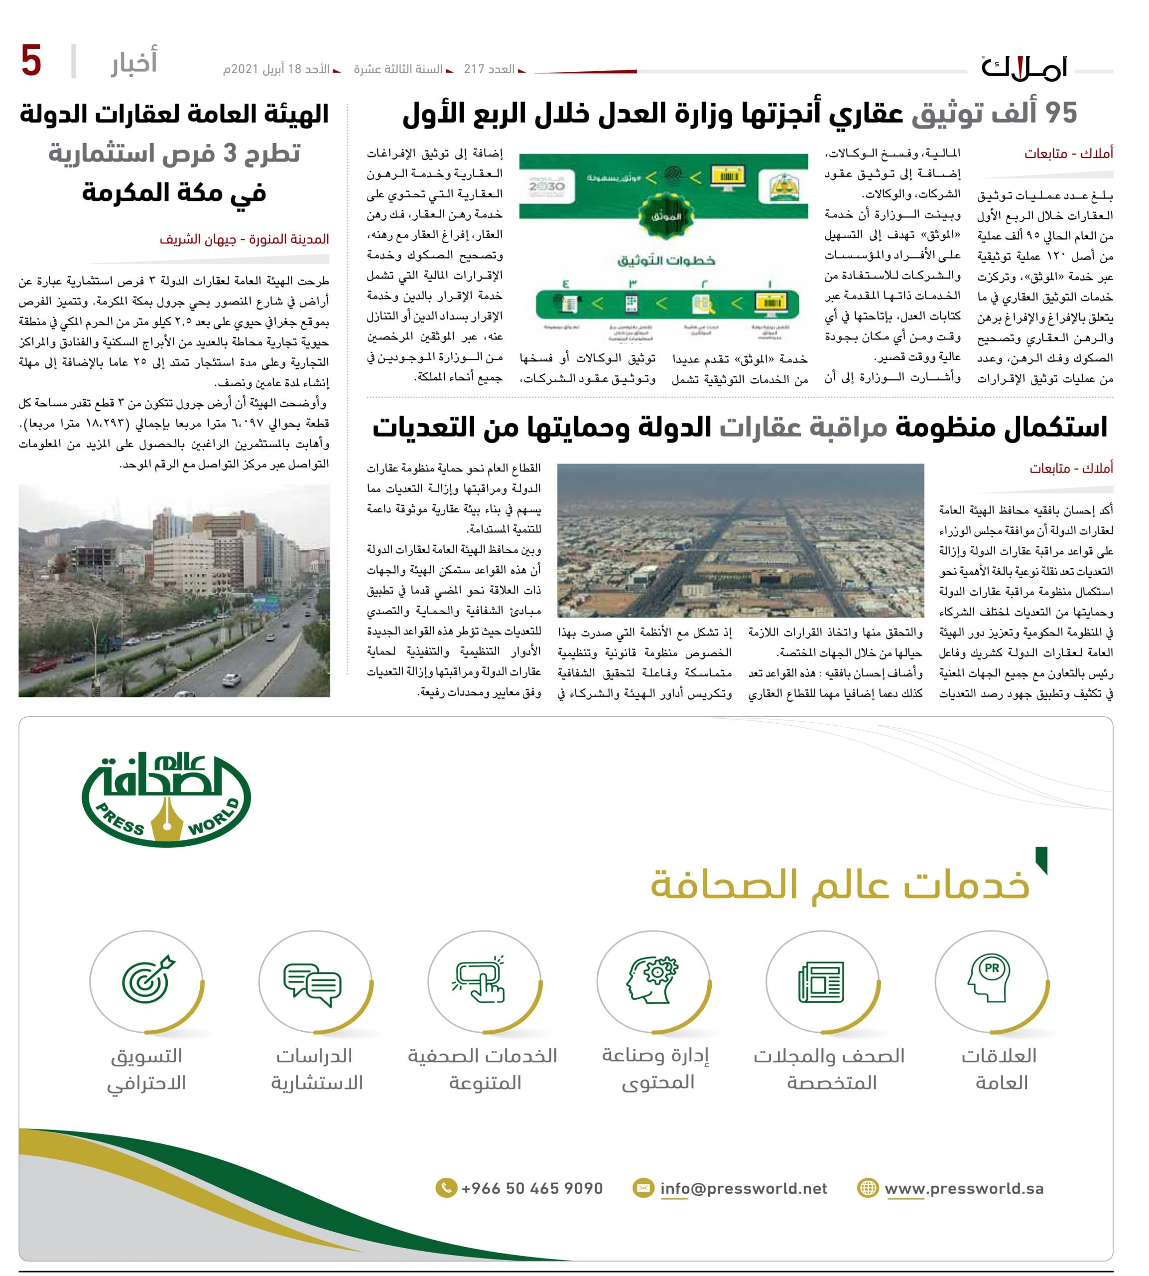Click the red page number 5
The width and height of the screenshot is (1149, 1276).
pos(31,61)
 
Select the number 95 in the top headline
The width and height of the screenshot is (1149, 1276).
pos(1061,114)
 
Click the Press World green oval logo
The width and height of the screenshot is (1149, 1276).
pos(166,798)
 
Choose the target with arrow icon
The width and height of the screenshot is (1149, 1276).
pos(147,980)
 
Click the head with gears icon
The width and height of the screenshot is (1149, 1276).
pos(651,980)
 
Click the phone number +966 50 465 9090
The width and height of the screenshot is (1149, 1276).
pos(531,1188)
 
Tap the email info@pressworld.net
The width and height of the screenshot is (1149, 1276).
pos(743,1188)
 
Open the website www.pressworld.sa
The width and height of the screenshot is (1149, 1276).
pos(963,1188)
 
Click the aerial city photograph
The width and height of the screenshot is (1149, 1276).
pos(740,540)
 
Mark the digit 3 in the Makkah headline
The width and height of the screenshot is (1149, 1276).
pos(231,154)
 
